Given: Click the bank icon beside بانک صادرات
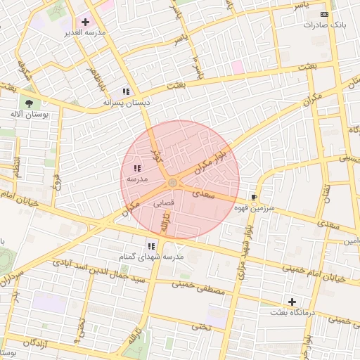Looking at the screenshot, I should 324,14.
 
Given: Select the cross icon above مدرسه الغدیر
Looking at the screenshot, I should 86,22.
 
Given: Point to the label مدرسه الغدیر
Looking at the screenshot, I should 85,33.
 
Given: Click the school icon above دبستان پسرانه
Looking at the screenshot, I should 126,91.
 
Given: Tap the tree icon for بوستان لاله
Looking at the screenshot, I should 29,103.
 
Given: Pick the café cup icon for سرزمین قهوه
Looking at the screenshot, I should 254,198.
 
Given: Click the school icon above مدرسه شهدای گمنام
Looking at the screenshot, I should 151,246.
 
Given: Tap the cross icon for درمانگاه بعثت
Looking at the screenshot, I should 292,302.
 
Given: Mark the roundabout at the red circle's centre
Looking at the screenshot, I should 173,184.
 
